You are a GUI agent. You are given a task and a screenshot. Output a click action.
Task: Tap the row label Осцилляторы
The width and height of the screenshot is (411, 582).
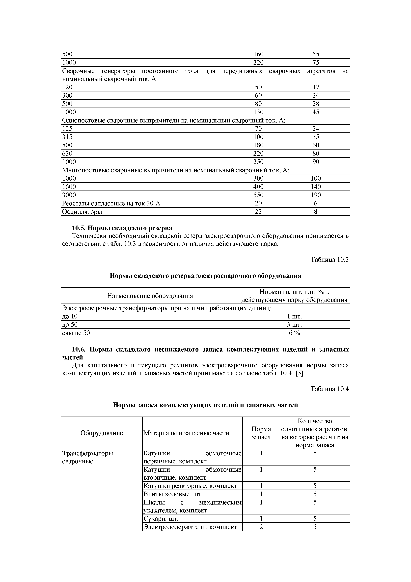(x=82, y=212)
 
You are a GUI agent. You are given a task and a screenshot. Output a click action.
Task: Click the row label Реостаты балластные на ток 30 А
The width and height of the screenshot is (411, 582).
(x=111, y=203)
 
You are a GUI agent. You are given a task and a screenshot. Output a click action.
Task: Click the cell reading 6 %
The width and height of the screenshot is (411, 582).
(x=294, y=333)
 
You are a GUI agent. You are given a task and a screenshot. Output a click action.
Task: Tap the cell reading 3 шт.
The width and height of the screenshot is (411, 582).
(x=294, y=325)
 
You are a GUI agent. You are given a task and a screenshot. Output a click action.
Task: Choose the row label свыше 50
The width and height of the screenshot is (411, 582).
(x=76, y=333)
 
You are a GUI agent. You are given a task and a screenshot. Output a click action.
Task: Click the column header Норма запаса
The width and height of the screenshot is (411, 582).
(x=261, y=433)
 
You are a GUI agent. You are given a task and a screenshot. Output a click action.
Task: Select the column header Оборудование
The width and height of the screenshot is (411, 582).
(x=102, y=433)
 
